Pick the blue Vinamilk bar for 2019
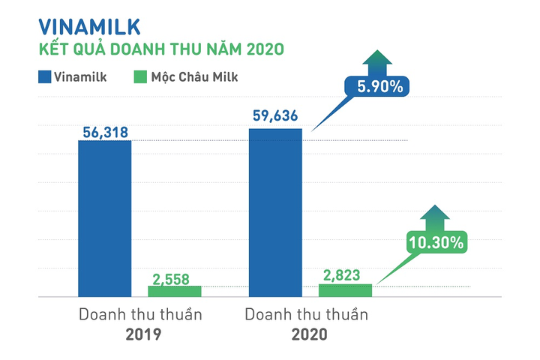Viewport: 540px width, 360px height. (x=105, y=218)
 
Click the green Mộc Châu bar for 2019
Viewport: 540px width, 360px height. (x=175, y=291)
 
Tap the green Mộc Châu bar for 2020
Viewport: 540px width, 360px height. (x=345, y=290)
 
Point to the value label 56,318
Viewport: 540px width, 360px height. (x=105, y=132)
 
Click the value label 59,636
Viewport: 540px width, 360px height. (x=275, y=118)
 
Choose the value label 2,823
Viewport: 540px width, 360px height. (x=345, y=275)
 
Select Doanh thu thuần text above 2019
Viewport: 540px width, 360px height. (x=140, y=314)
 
